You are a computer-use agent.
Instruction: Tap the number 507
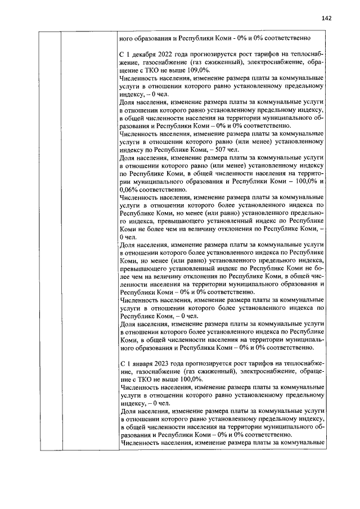[x=231, y=151]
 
